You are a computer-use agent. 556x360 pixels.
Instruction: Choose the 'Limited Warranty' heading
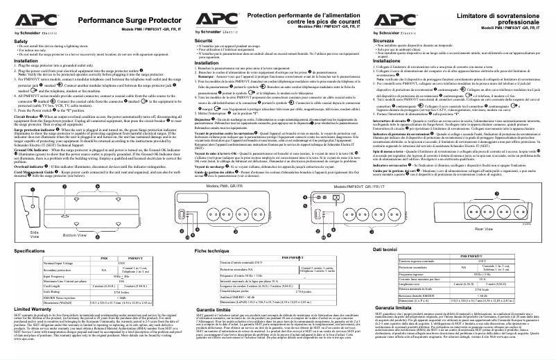[33, 308]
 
